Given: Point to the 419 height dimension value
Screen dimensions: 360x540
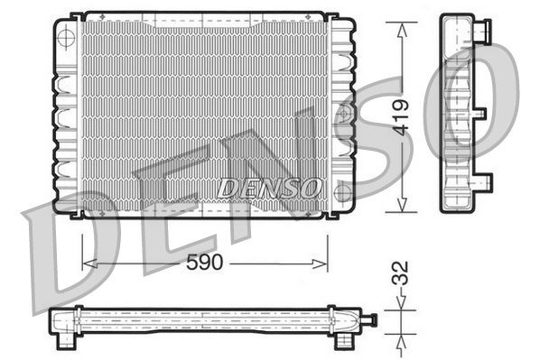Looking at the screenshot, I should coord(402,115).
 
